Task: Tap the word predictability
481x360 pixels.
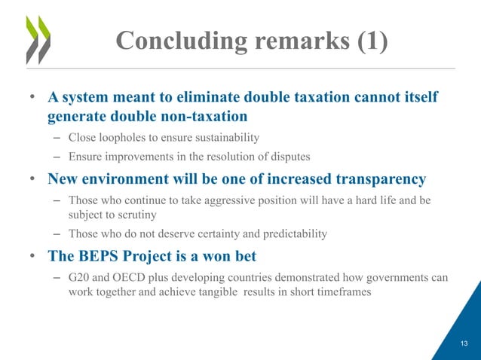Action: coord(290,234)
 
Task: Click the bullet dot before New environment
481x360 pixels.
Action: coord(33,180)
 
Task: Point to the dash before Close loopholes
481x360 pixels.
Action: coord(57,138)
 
